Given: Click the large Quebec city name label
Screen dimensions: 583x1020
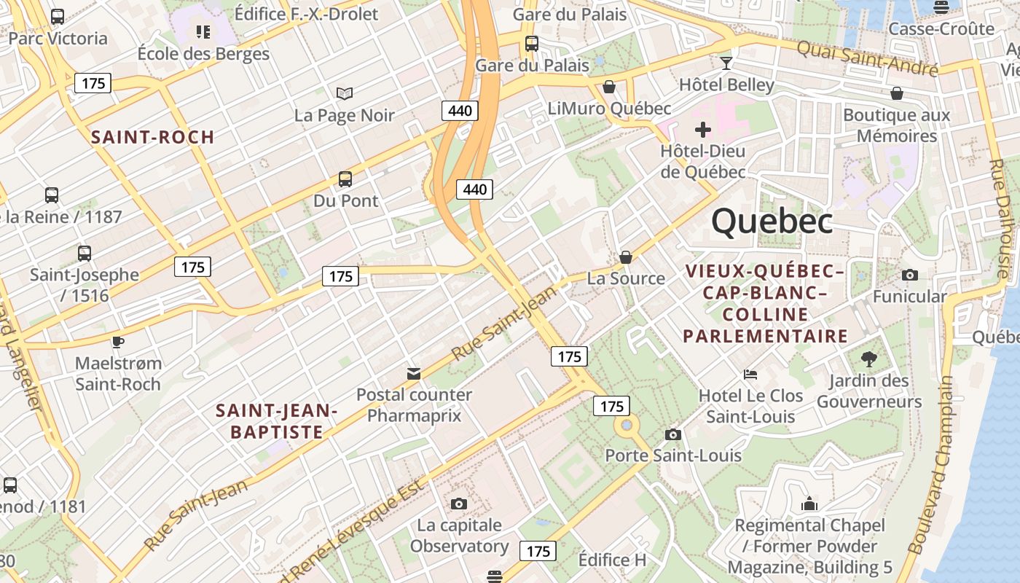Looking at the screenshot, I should tap(772, 221).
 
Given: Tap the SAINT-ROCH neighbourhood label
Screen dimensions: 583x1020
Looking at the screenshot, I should tap(152, 137).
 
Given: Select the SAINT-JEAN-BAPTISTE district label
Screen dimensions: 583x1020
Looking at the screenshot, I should tap(277, 421).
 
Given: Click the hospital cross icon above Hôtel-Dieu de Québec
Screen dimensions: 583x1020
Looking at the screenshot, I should tap(702, 130).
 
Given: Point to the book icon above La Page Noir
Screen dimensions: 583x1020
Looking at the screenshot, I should tap(345, 93).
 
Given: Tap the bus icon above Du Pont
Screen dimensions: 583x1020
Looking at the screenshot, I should tap(345, 179).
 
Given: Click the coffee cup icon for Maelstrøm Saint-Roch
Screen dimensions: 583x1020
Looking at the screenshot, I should tap(117, 341).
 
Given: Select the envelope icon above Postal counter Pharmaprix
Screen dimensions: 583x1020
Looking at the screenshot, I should tap(413, 374).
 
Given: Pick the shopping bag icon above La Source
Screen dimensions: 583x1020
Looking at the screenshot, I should tap(625, 257).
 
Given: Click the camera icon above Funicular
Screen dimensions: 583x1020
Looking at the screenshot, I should tap(909, 275).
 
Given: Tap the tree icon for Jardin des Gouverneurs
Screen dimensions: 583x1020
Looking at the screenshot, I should tap(868, 359).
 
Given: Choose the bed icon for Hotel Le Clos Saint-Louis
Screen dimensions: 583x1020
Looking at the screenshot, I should tap(750, 375).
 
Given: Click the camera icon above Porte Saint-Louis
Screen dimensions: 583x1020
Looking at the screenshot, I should tap(673, 434).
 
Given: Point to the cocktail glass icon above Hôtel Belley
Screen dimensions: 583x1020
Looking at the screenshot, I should tap(726, 63).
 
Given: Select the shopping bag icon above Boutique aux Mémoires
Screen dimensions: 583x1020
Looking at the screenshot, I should tap(896, 93).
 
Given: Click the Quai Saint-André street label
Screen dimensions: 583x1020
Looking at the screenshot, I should tap(866, 58).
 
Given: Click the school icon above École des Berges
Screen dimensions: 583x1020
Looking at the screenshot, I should tap(203, 32).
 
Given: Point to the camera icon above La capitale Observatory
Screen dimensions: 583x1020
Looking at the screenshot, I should tap(458, 504).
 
